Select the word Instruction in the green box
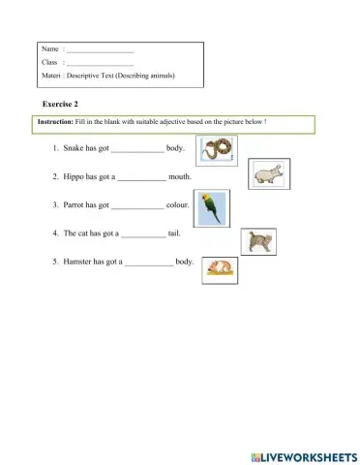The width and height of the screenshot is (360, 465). coord(54,122)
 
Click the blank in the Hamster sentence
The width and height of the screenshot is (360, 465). coord(148,263)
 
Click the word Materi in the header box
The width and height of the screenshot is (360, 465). coord(51,76)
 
